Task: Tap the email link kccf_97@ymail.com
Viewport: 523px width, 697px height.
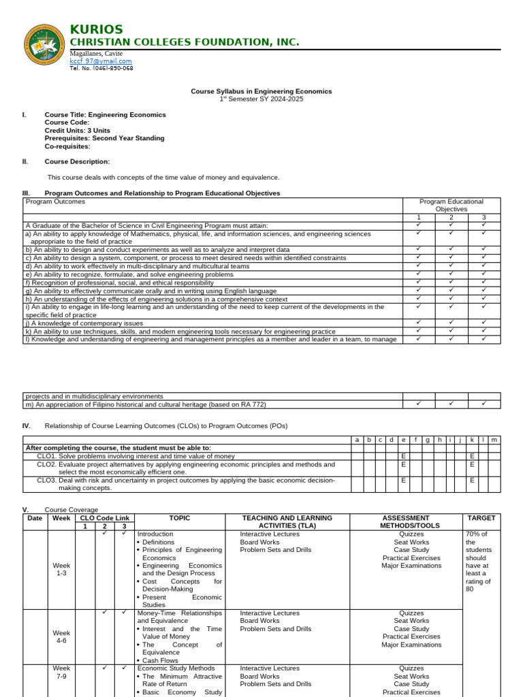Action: click(100, 61)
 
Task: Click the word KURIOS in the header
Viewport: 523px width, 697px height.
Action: click(96, 29)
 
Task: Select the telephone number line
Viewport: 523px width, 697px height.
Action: click(101, 69)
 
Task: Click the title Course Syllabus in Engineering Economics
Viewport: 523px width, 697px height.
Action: click(261, 91)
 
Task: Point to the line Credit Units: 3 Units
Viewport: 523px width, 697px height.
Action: click(77, 130)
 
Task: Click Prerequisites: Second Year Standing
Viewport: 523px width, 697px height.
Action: click(104, 138)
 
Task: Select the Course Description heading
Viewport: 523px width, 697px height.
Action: click(77, 161)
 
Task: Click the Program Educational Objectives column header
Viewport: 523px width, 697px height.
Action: click(451, 206)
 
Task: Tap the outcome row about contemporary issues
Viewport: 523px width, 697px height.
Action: click(84, 323)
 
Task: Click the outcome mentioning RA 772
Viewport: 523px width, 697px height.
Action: click(144, 404)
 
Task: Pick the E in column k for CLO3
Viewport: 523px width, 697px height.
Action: click(471, 480)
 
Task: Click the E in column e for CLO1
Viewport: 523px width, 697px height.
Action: click(403, 456)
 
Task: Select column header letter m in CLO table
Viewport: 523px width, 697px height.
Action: click(494, 440)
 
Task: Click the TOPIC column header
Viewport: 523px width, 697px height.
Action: click(180, 518)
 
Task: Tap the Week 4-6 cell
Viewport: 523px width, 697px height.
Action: click(61, 636)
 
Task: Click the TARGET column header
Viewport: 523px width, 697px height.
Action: click(481, 518)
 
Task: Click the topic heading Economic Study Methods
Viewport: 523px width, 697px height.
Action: click(176, 668)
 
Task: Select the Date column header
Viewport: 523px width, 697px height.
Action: click(35, 518)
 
